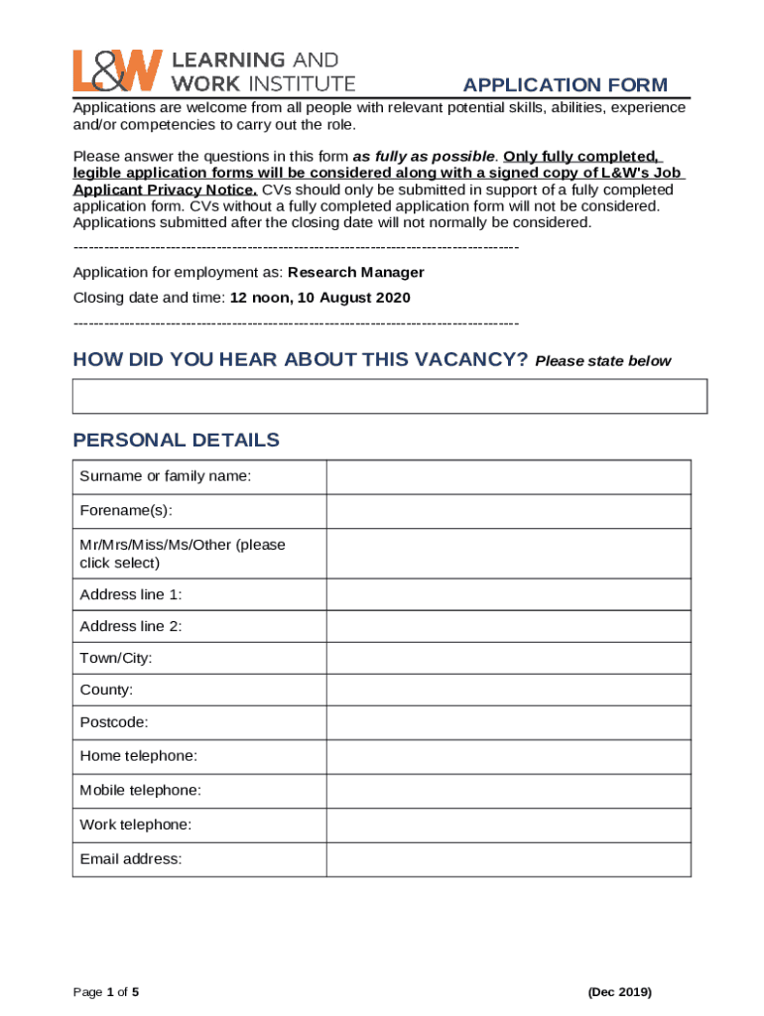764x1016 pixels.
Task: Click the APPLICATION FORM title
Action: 565,85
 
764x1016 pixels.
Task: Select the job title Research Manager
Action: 355,272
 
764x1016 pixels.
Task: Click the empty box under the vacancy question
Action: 389,396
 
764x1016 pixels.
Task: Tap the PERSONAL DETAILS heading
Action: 177,441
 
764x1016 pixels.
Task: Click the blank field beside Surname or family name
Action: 508,477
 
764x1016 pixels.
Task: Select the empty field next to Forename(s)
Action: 508,511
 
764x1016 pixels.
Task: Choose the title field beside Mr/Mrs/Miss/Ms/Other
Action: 508,554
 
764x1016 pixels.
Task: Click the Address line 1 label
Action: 131,594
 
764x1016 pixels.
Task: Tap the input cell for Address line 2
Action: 508,626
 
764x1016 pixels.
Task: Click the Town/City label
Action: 116,658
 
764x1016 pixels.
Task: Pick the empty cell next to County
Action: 508,690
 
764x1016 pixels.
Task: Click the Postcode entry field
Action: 508,722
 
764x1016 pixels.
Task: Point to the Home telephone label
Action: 138,756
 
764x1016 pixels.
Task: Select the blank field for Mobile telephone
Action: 508,791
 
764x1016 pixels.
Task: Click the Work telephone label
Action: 136,825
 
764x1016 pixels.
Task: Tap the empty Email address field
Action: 508,859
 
